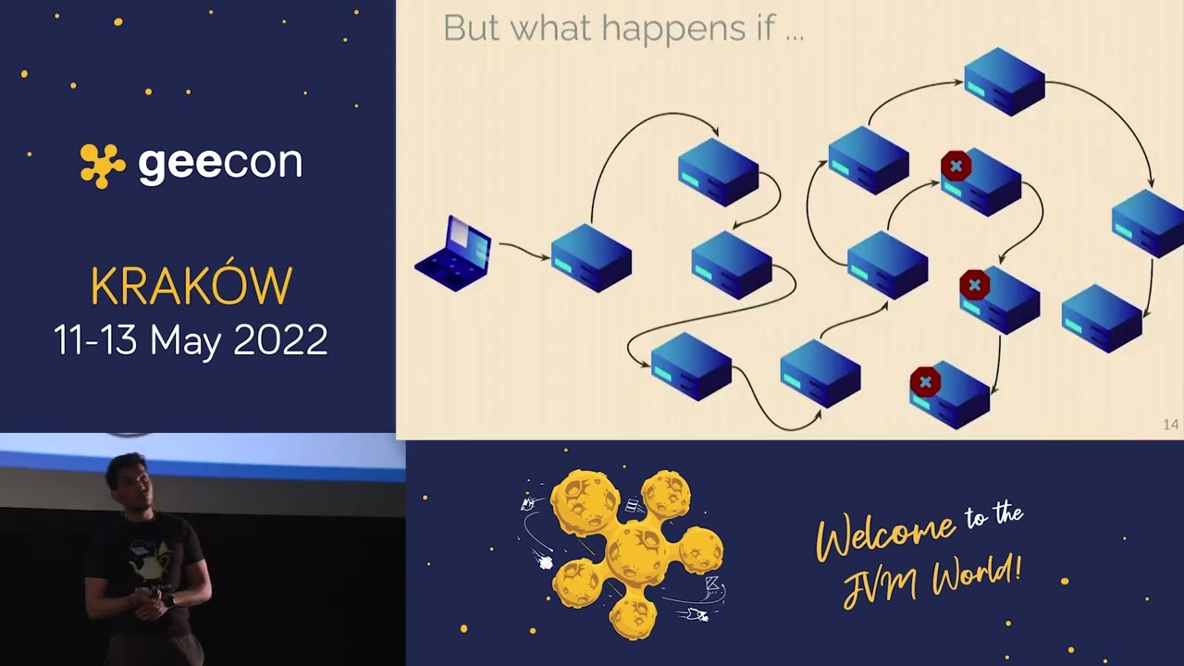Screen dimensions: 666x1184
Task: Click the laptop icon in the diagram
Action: click(x=453, y=253)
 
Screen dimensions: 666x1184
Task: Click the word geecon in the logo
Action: click(x=220, y=164)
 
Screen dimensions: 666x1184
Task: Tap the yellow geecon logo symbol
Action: click(x=102, y=165)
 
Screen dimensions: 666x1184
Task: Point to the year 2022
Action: click(x=280, y=340)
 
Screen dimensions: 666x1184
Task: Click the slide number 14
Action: click(x=1170, y=425)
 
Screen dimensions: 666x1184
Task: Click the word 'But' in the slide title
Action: click(x=473, y=29)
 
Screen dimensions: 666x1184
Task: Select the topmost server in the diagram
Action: click(x=1004, y=81)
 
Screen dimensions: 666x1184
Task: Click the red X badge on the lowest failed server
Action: click(x=925, y=382)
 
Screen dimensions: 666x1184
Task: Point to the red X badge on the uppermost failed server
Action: click(x=956, y=166)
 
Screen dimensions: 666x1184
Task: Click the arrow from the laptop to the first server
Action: click(x=524, y=250)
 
